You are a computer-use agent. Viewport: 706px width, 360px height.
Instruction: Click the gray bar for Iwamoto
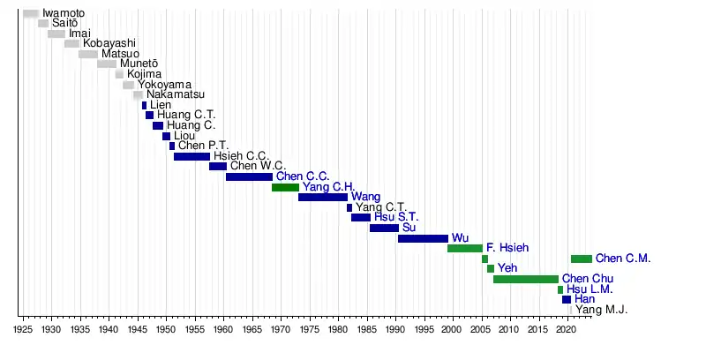pyautogui.click(x=31, y=13)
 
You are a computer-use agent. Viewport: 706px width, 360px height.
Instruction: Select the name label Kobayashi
pyautogui.click(x=109, y=43)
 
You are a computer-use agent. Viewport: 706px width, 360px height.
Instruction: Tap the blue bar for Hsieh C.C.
pyautogui.click(x=192, y=156)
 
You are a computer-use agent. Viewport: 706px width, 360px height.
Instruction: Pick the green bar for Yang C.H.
pyautogui.click(x=285, y=187)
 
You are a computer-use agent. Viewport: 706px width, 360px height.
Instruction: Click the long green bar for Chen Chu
pyautogui.click(x=525, y=279)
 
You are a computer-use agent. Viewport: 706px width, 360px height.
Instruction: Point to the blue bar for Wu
pyautogui.click(x=423, y=238)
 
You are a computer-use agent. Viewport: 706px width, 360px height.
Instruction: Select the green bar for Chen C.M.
pyautogui.click(x=582, y=259)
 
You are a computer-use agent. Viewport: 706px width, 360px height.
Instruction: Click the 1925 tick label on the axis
pyautogui.click(x=23, y=328)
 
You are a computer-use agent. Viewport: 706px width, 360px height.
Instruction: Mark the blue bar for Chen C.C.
pyautogui.click(x=249, y=176)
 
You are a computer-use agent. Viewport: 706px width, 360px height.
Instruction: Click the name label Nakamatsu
pyautogui.click(x=176, y=94)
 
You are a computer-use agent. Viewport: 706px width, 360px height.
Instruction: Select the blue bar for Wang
pyautogui.click(x=323, y=197)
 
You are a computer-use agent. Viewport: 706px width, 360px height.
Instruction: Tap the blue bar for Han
pyautogui.click(x=567, y=299)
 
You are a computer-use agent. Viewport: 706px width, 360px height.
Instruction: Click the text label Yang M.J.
pyautogui.click(x=602, y=310)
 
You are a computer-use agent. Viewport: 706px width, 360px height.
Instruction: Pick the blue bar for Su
pyautogui.click(x=384, y=228)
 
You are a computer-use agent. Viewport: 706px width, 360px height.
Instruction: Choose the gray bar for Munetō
pyautogui.click(x=107, y=64)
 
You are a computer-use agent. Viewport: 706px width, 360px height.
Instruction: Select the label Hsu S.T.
pyautogui.click(x=396, y=217)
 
